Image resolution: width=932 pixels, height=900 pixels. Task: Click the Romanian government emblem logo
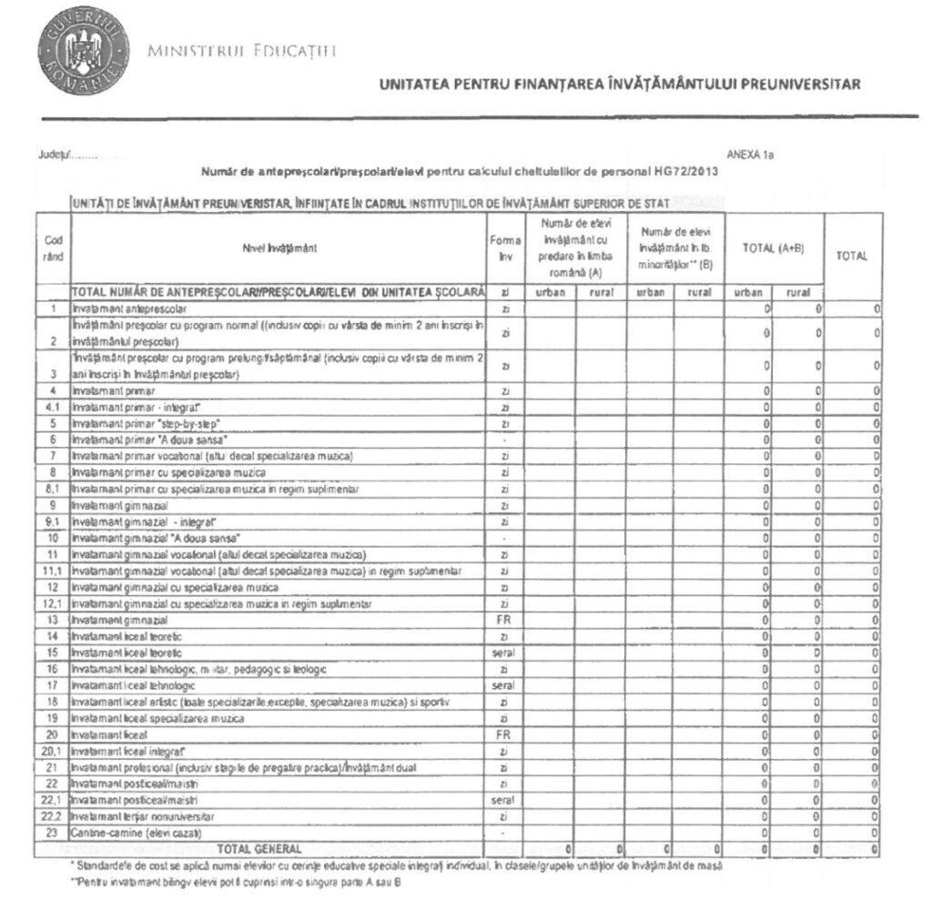pyautogui.click(x=76, y=50)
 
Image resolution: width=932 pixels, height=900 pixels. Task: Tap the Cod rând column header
pyautogui.click(x=53, y=247)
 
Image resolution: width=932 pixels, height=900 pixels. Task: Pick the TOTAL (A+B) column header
pyautogui.click(x=774, y=248)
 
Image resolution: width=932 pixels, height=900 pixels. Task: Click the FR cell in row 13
pyautogui.click(x=505, y=620)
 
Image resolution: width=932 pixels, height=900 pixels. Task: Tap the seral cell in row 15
pyautogui.click(x=505, y=652)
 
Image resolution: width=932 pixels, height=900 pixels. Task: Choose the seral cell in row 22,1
pyautogui.click(x=505, y=801)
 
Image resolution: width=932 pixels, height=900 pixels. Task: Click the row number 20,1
pyautogui.click(x=53, y=752)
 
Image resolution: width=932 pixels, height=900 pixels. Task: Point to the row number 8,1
pyautogui.click(x=53, y=489)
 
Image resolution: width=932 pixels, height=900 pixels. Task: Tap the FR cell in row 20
pyautogui.click(x=505, y=734)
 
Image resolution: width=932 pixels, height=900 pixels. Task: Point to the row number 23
pyautogui.click(x=53, y=834)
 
